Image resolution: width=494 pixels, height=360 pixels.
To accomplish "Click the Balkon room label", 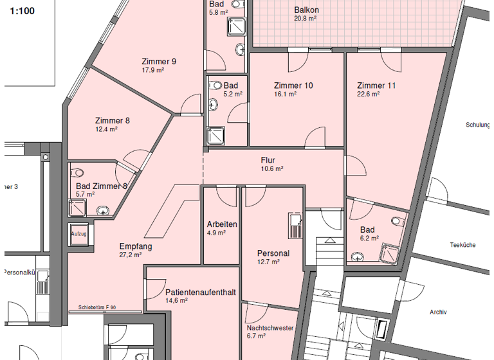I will (x=306, y=10).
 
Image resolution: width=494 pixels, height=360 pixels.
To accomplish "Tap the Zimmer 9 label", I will (x=159, y=62).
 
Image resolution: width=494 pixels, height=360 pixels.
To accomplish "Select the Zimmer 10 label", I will (x=293, y=85).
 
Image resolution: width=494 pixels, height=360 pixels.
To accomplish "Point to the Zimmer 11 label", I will (x=376, y=85).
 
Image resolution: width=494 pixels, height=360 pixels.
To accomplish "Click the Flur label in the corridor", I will (x=268, y=160).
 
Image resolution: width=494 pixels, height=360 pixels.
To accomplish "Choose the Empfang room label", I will (x=136, y=246).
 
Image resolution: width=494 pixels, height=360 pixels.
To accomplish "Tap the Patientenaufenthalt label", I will (x=200, y=292).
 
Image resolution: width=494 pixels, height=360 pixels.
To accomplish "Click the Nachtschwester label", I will (x=270, y=328).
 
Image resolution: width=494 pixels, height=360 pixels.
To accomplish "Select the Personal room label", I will (x=273, y=253).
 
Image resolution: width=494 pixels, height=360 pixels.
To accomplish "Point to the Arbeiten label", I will (x=222, y=224).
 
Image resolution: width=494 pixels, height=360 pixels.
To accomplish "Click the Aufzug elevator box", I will (x=78, y=234).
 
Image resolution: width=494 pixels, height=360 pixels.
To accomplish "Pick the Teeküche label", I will (x=462, y=245).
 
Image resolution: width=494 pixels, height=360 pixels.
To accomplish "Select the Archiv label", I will (x=438, y=312).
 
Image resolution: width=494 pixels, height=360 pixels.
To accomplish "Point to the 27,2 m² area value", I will (x=131, y=255).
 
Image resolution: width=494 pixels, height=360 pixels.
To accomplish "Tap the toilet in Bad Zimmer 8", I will (x=78, y=172).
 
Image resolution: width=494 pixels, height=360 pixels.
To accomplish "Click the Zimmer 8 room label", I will (x=113, y=120).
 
